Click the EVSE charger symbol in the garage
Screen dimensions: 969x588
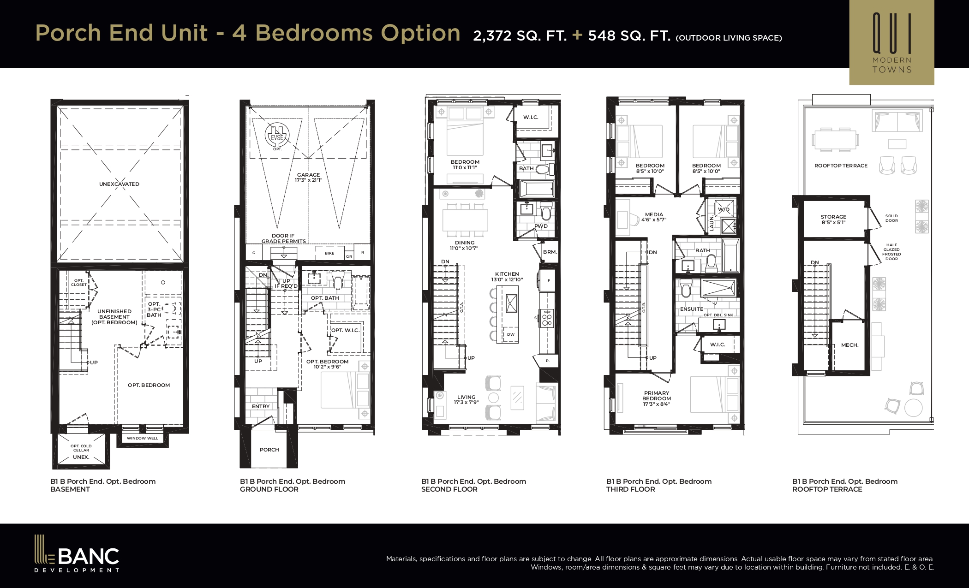pos(277,136)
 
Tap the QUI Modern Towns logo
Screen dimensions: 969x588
pos(891,42)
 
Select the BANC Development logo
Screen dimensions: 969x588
pos(77,553)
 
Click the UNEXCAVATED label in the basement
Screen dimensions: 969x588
pos(119,184)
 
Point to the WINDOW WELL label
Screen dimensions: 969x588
pos(142,438)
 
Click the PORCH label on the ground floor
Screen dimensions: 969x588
pos(269,450)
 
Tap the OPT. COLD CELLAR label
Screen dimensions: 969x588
pos(81,448)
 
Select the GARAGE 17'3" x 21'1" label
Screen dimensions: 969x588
pos(308,178)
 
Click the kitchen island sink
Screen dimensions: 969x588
pos(512,303)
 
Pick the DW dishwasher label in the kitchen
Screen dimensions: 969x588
pos(510,334)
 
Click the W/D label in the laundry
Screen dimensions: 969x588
pos(724,209)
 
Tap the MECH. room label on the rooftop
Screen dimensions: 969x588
pos(849,345)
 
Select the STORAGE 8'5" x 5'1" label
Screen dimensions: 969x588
pos(833,220)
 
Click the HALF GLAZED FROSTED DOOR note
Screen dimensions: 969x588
pos(891,252)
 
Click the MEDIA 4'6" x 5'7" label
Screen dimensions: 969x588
pos(654,217)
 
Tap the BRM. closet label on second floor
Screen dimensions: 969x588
pos(550,252)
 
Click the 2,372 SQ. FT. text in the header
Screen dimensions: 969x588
pos(520,36)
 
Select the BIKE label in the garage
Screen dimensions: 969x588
pos(329,253)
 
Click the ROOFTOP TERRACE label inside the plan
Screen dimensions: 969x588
pos(841,166)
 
